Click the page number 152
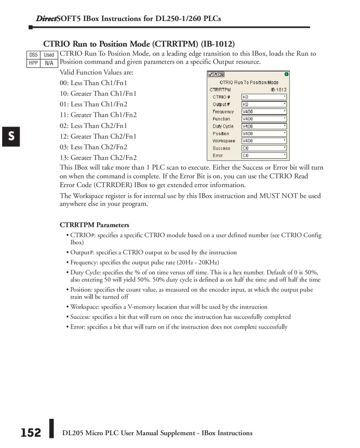pyautogui.click(x=31, y=433)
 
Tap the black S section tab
pyautogui.click(x=12, y=136)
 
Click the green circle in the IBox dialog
pyautogui.click(x=286, y=74)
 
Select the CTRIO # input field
pyautogui.click(x=264, y=97)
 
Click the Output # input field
pyautogui.click(x=264, y=104)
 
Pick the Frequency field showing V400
pyautogui.click(x=264, y=112)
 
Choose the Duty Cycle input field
pyautogui.click(x=264, y=126)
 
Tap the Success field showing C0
pyautogui.click(x=264, y=148)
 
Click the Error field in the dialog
pyautogui.click(x=264, y=155)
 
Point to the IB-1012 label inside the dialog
pyautogui.click(x=278, y=90)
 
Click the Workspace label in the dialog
pyautogui.click(x=224, y=141)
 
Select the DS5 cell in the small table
pyautogui.click(x=33, y=55)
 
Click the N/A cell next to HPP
pyautogui.click(x=49, y=63)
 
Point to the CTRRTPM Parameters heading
pyautogui.click(x=94, y=225)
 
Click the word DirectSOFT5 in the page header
pyautogui.click(x=59, y=19)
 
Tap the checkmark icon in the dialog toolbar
pyautogui.click(x=210, y=74)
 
